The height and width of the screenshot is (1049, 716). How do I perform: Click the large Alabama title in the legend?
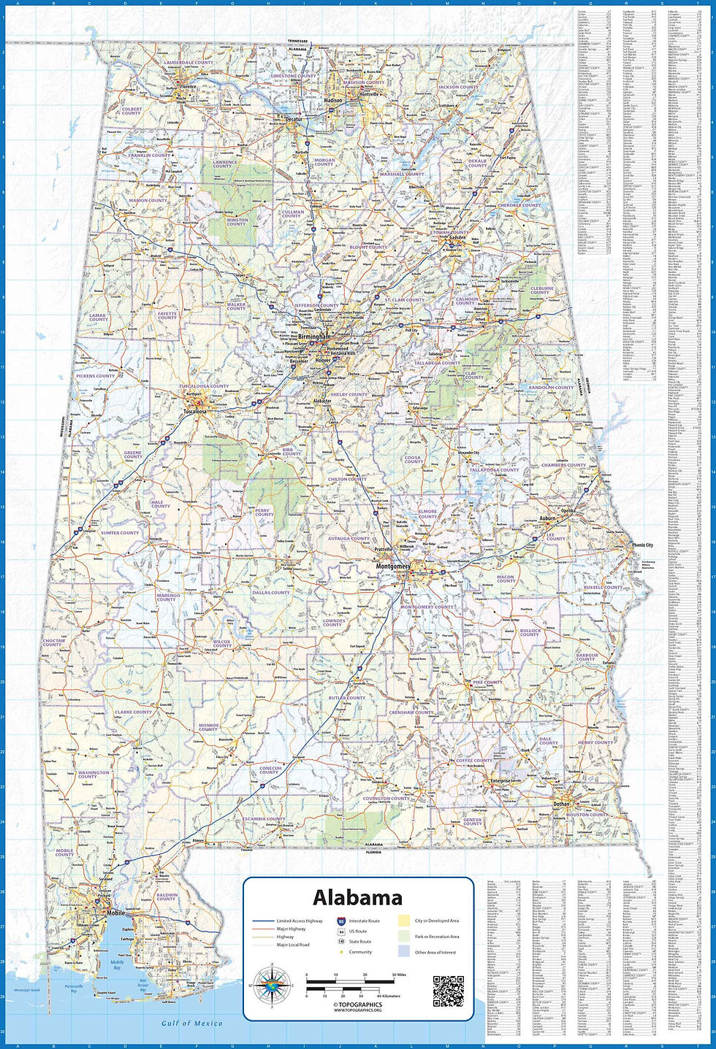(x=358, y=897)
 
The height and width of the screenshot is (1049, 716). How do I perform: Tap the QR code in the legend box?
(x=449, y=991)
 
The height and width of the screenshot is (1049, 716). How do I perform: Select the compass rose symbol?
(x=273, y=985)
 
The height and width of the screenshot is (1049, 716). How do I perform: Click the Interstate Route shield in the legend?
(x=342, y=921)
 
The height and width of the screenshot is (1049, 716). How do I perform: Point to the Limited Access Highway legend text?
(x=300, y=921)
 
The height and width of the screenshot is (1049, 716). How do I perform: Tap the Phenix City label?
(x=643, y=545)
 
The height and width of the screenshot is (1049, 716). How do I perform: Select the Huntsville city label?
(x=370, y=94)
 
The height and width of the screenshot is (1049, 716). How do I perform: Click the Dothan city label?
(x=561, y=804)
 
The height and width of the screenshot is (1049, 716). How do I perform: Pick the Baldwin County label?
(x=167, y=896)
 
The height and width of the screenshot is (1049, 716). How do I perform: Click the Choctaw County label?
(x=53, y=643)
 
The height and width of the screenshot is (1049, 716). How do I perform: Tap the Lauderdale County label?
(x=188, y=63)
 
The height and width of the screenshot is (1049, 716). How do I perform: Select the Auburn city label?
(x=547, y=518)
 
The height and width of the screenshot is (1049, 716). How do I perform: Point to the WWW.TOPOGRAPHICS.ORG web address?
(x=358, y=1011)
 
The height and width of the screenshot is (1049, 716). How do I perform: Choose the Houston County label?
(x=587, y=815)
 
